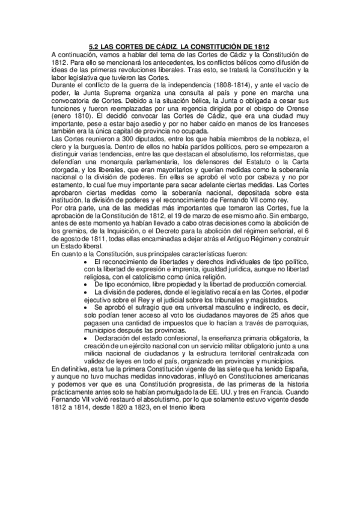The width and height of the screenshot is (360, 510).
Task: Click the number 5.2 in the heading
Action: click(x=93, y=46)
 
